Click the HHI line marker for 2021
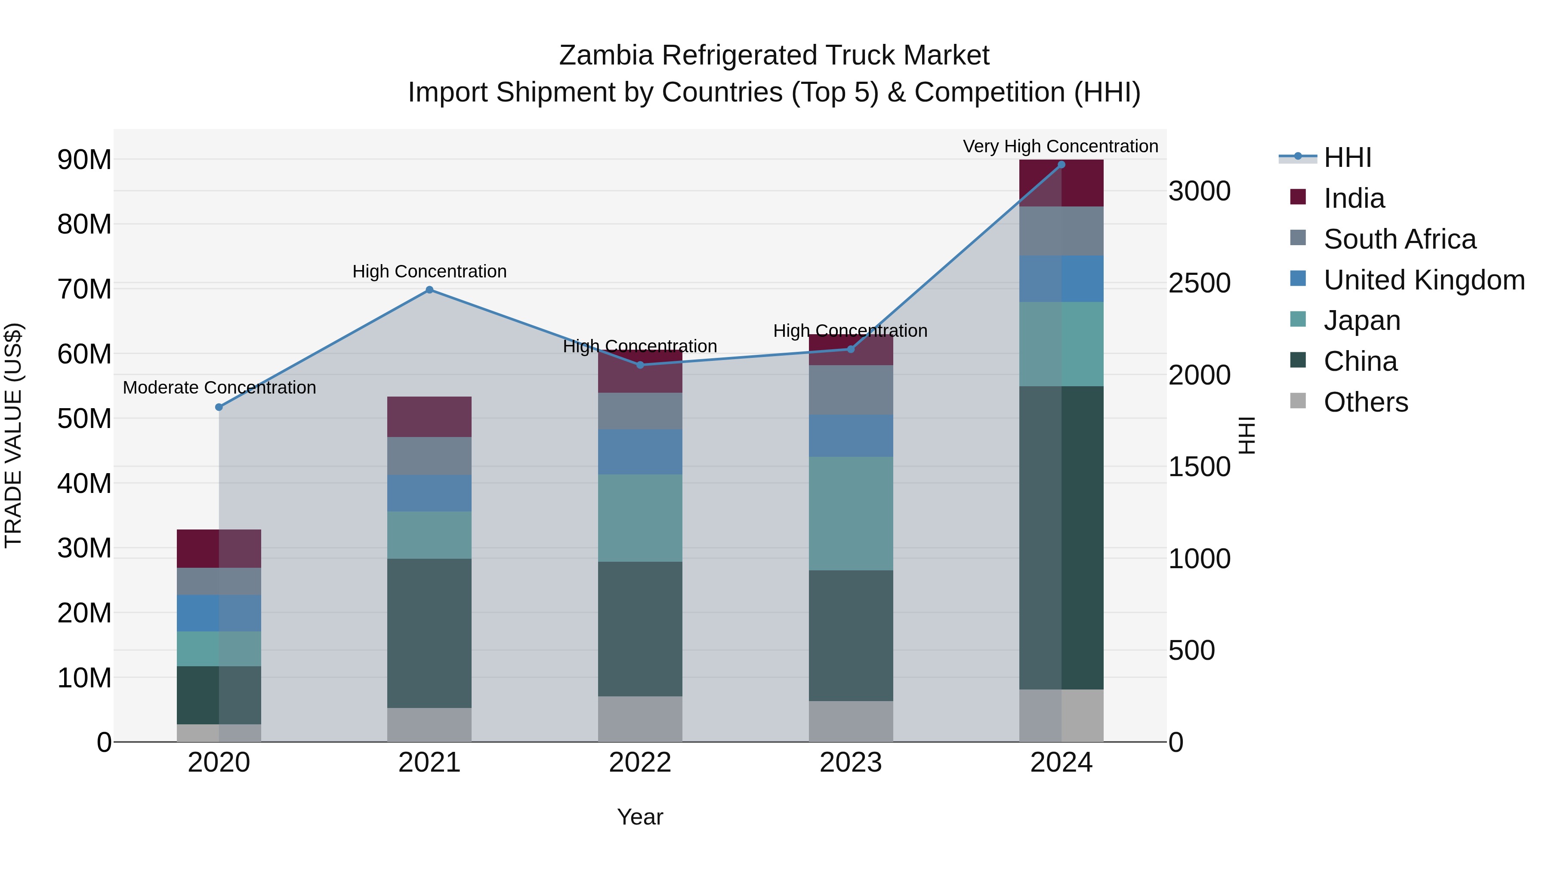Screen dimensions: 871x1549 [429, 290]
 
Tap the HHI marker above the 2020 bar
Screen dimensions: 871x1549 [219, 407]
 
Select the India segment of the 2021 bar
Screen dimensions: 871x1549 [429, 416]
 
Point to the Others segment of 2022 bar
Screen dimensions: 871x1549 [640, 719]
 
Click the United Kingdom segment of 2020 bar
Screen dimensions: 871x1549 [219, 613]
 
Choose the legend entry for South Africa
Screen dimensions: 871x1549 [1399, 239]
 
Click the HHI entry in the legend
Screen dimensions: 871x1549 [1347, 157]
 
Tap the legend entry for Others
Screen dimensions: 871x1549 [1365, 402]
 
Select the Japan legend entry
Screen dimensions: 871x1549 [1361, 320]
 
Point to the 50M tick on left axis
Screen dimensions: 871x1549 [84, 419]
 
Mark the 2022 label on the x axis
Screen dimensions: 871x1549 [640, 763]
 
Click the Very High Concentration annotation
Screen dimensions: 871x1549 [1060, 146]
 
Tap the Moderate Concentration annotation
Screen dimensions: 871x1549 [219, 388]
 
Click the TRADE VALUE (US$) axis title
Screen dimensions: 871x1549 [13, 435]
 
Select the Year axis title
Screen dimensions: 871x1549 [640, 817]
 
